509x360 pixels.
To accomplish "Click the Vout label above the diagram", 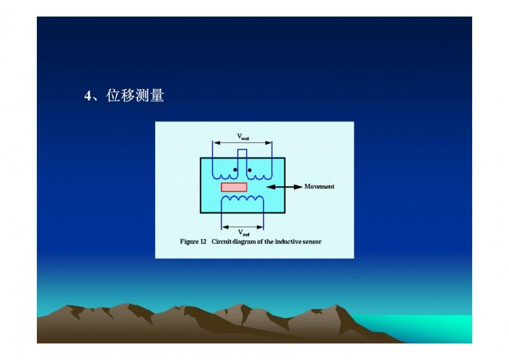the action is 243,137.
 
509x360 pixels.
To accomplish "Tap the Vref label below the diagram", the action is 244,232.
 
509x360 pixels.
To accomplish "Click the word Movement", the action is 319,186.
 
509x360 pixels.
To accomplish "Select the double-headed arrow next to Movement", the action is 284,186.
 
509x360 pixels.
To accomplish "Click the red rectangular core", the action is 234,187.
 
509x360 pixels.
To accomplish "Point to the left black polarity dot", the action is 235,170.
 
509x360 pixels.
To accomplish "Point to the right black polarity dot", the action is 249,170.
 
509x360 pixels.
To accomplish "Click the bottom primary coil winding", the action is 242,198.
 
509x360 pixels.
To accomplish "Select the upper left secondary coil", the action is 225,177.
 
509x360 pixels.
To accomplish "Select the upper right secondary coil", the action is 259,177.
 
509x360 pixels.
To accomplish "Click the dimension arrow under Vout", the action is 242,143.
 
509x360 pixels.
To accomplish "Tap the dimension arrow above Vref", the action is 242,227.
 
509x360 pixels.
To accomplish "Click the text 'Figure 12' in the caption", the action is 193,242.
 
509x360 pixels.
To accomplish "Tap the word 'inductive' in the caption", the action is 288,242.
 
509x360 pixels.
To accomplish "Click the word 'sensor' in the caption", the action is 312,242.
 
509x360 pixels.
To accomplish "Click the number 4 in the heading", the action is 88,96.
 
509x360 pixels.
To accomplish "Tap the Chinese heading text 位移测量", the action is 135,95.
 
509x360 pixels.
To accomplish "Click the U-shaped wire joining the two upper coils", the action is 242,149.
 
